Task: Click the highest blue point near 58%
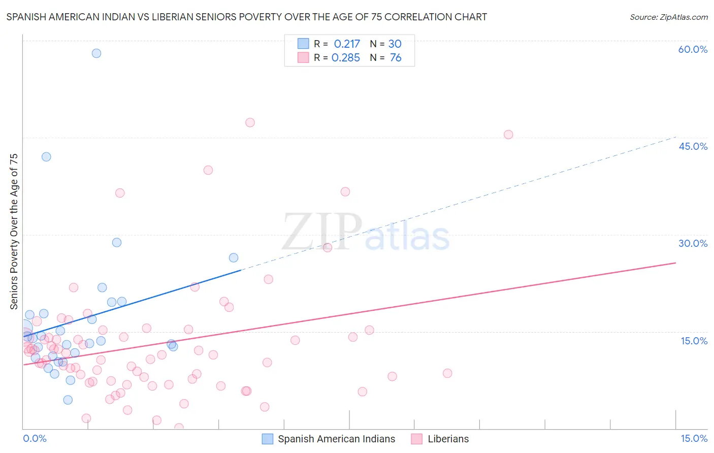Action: (x=96, y=53)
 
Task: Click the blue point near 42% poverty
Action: (x=46, y=157)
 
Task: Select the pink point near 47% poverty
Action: (x=250, y=122)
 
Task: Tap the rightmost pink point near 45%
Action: (x=508, y=135)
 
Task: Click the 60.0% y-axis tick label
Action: (x=693, y=49)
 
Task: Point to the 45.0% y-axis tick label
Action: (x=693, y=146)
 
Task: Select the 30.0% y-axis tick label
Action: (x=693, y=243)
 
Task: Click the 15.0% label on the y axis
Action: (x=694, y=341)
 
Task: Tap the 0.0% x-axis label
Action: (x=35, y=438)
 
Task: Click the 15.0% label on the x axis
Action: (x=694, y=438)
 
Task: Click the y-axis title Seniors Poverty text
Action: (x=14, y=232)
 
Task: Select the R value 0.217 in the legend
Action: (x=347, y=44)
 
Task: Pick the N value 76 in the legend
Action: (x=396, y=58)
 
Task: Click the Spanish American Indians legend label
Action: (x=336, y=439)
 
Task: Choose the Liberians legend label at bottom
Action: (x=448, y=439)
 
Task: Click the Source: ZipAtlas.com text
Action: (x=668, y=17)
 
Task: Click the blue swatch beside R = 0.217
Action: (x=303, y=44)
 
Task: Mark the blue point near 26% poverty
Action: (x=234, y=257)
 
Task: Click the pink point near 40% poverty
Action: (x=208, y=170)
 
